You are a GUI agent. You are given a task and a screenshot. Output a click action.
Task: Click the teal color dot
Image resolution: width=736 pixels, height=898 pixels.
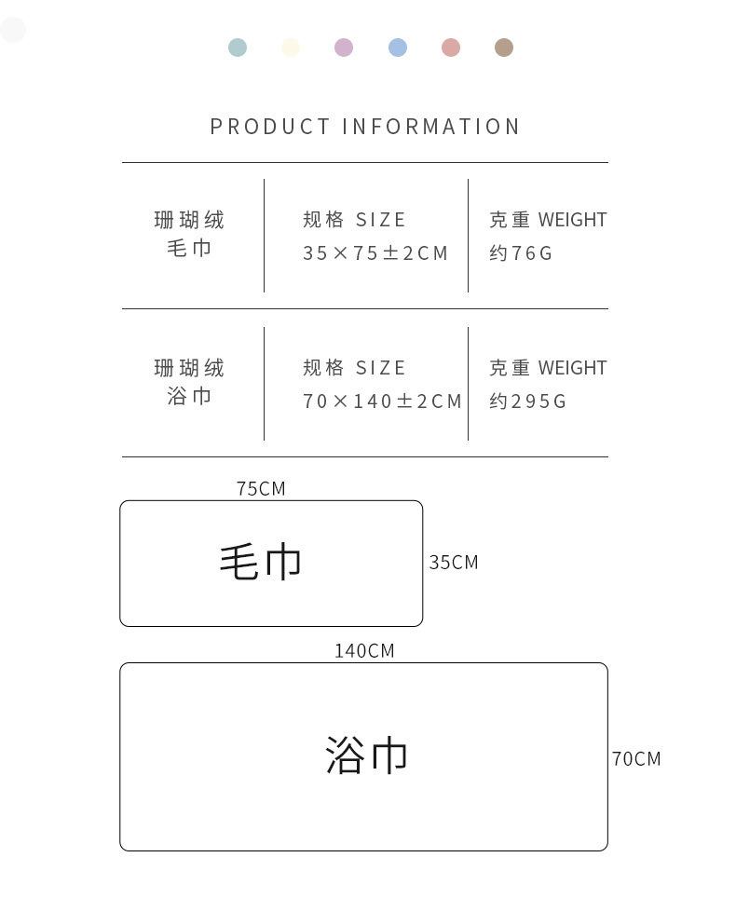tap(238, 48)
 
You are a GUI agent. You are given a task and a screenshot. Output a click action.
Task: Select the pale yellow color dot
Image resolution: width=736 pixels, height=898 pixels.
tap(291, 48)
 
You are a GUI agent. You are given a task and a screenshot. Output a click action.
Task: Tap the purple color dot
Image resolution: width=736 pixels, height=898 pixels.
tap(344, 48)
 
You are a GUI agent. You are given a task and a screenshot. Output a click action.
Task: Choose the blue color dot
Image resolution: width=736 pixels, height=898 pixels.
tap(398, 48)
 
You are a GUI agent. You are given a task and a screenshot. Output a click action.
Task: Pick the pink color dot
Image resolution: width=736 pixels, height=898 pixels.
tap(451, 48)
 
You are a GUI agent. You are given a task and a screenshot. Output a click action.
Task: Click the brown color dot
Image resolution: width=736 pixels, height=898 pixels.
tap(504, 48)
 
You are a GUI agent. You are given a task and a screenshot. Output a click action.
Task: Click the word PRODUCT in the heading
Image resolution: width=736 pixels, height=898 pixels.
tap(270, 127)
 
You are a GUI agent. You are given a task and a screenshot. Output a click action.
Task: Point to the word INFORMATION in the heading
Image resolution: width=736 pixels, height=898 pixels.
tap(431, 127)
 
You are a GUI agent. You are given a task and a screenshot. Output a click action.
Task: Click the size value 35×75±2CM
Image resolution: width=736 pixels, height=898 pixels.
tap(375, 253)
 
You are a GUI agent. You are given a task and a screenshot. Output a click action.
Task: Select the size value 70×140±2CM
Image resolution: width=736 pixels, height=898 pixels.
tap(382, 401)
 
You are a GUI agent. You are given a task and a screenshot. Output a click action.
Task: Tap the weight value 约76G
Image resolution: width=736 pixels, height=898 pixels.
tap(521, 253)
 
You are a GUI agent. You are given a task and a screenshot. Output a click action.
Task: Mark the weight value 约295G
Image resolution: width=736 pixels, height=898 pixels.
tap(528, 401)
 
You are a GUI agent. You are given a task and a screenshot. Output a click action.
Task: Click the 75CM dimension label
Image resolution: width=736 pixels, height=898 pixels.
tap(261, 489)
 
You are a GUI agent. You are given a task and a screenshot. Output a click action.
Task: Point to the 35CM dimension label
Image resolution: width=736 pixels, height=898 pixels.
tap(454, 563)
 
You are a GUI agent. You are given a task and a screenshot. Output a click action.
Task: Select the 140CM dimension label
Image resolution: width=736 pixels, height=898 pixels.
tap(364, 651)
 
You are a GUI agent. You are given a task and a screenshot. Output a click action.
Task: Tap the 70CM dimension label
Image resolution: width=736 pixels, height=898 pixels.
tap(636, 759)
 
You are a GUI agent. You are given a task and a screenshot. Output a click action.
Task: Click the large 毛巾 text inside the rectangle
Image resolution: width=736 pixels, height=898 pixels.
tap(261, 563)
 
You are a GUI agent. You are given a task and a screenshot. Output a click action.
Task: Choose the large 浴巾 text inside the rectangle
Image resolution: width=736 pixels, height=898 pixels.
tap(366, 755)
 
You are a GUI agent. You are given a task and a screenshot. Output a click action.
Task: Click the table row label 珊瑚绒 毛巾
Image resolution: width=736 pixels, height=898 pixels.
tap(189, 234)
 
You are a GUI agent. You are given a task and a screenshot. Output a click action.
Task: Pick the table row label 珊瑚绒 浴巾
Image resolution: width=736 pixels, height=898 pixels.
tap(189, 382)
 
